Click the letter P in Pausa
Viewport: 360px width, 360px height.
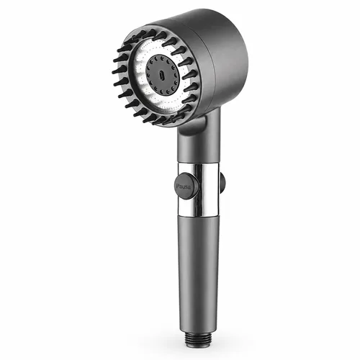coord(178,186)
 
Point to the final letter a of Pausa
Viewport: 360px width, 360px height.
coord(189,187)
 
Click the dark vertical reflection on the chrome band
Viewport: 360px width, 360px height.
coord(200,189)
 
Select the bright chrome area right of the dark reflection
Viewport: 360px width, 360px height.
coord(212,189)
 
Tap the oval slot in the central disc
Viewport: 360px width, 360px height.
coord(161,76)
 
